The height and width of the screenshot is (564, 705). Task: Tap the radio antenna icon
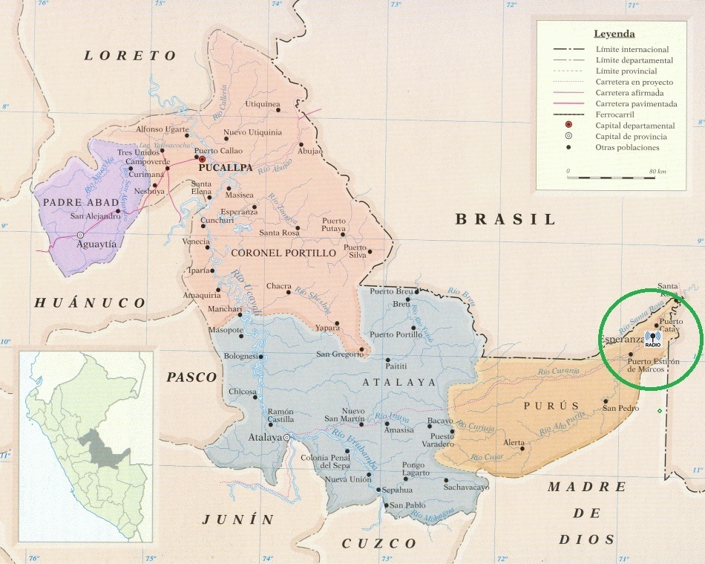(653, 339)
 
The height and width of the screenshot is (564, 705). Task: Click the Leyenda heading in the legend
(614, 33)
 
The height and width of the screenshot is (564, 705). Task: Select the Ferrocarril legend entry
(616, 114)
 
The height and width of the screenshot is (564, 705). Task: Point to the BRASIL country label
(505, 219)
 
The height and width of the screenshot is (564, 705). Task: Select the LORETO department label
(131, 56)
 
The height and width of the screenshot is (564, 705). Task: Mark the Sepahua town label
(396, 490)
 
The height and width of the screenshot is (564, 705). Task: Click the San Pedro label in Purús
(620, 408)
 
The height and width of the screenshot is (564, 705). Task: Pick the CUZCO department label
(379, 543)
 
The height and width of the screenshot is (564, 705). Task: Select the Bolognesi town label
(239, 356)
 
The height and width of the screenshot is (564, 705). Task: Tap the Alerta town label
(514, 442)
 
